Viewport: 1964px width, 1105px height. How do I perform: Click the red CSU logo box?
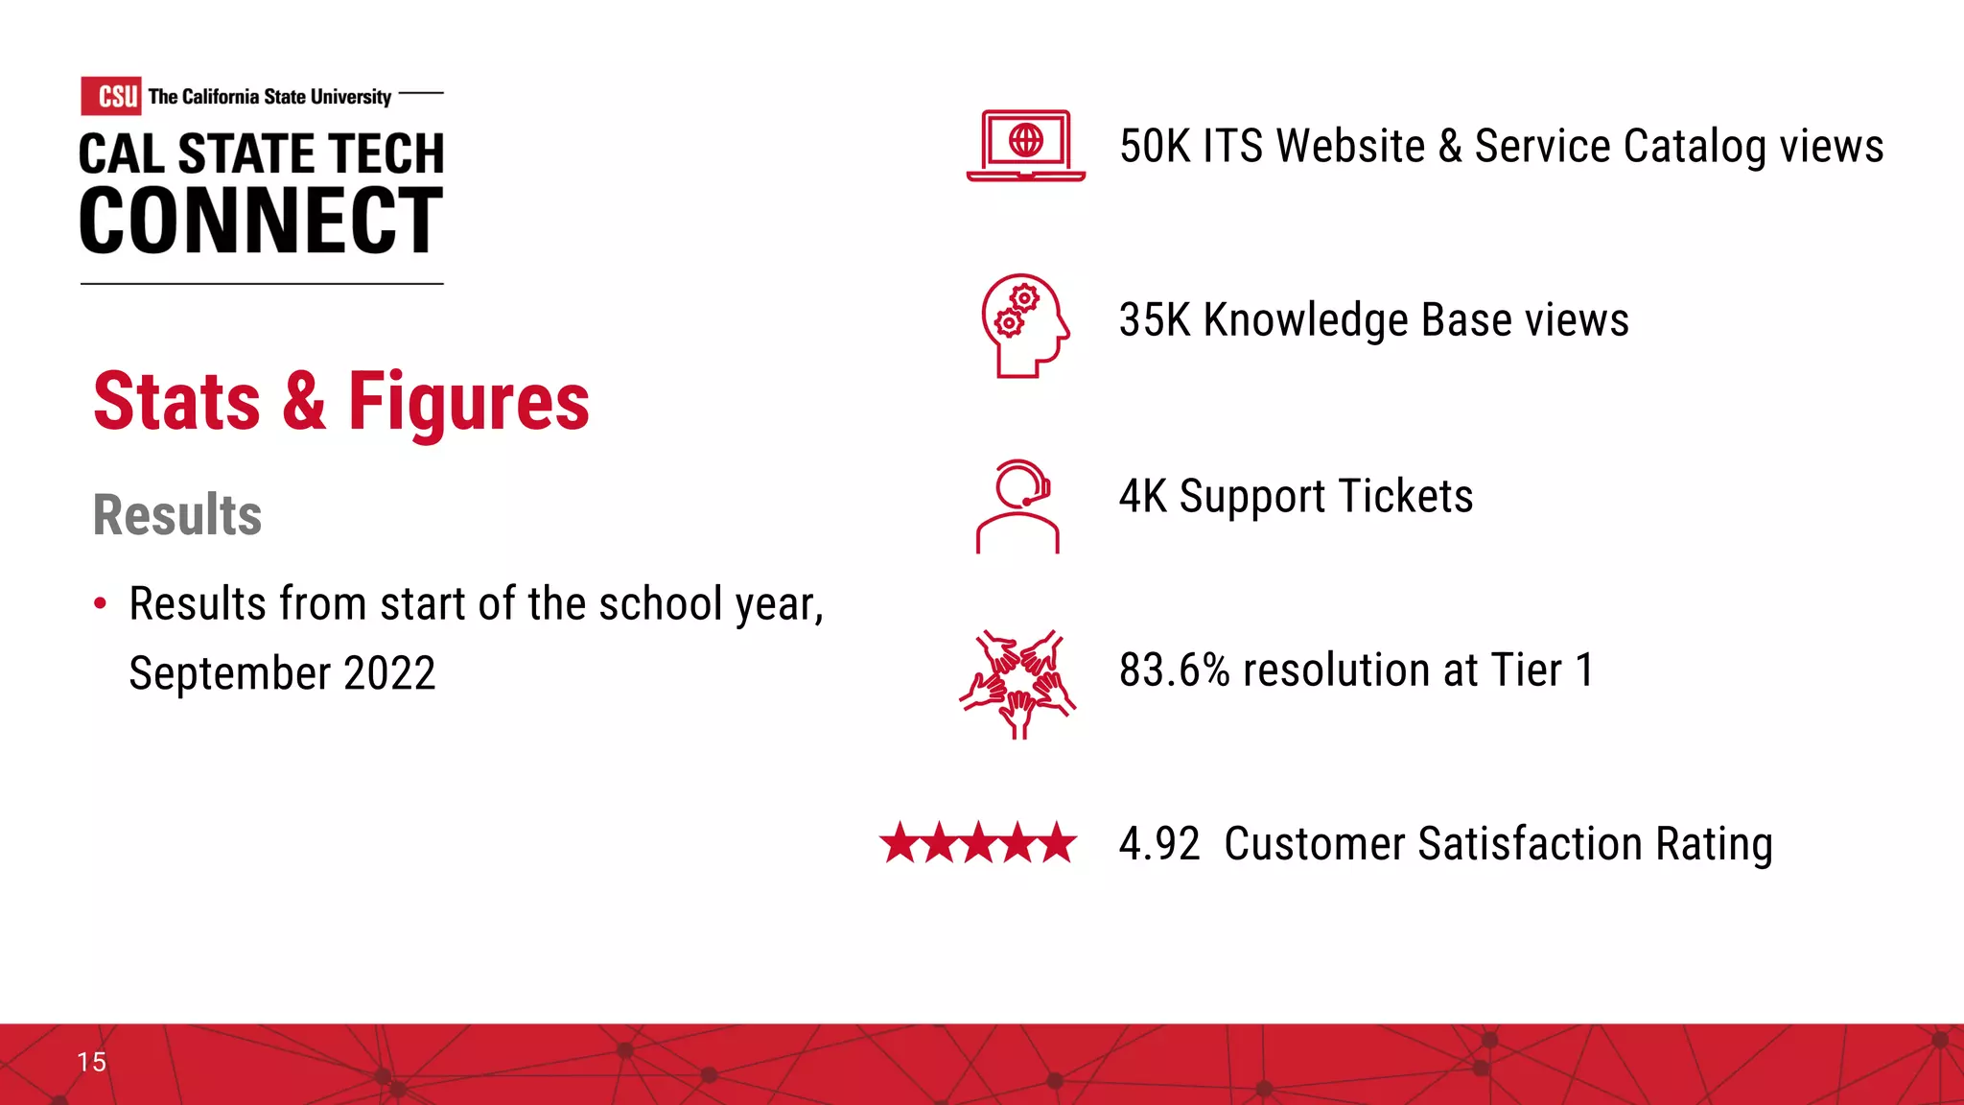[x=111, y=96]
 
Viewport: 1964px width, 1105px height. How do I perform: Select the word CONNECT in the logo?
[x=261, y=222]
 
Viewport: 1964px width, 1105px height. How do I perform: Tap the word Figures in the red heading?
[x=468, y=402]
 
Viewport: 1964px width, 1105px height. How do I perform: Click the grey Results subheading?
[x=177, y=515]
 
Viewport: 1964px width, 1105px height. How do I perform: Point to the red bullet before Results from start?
[x=101, y=603]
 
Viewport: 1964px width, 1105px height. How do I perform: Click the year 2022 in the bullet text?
[x=389, y=673]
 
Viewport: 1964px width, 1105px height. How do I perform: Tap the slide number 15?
[x=92, y=1062]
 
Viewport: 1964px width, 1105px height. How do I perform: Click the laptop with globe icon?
[x=1025, y=146]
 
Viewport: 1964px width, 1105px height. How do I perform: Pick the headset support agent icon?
[x=1018, y=505]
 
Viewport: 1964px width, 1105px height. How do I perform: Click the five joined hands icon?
[x=1018, y=683]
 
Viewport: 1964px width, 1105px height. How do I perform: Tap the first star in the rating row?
[x=900, y=843]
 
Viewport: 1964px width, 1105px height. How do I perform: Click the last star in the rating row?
[x=1057, y=843]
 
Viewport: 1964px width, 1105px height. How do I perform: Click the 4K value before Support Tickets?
[x=1142, y=497]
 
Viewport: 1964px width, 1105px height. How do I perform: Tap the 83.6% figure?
[x=1174, y=670]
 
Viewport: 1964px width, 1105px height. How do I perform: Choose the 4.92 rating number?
[x=1159, y=844]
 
